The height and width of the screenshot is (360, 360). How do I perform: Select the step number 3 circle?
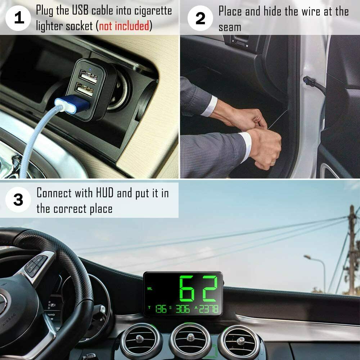coord(18,200)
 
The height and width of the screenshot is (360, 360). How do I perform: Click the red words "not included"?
coord(124,26)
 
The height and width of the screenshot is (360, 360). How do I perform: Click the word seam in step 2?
coord(230,27)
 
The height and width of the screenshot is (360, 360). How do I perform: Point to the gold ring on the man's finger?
coord(273,163)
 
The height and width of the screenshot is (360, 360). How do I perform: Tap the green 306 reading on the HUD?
coord(182,309)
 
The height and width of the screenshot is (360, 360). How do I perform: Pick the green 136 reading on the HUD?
coord(161,309)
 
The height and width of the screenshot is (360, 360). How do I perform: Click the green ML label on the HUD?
coord(150,288)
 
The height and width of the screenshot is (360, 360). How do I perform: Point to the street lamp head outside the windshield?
coord(307,257)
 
